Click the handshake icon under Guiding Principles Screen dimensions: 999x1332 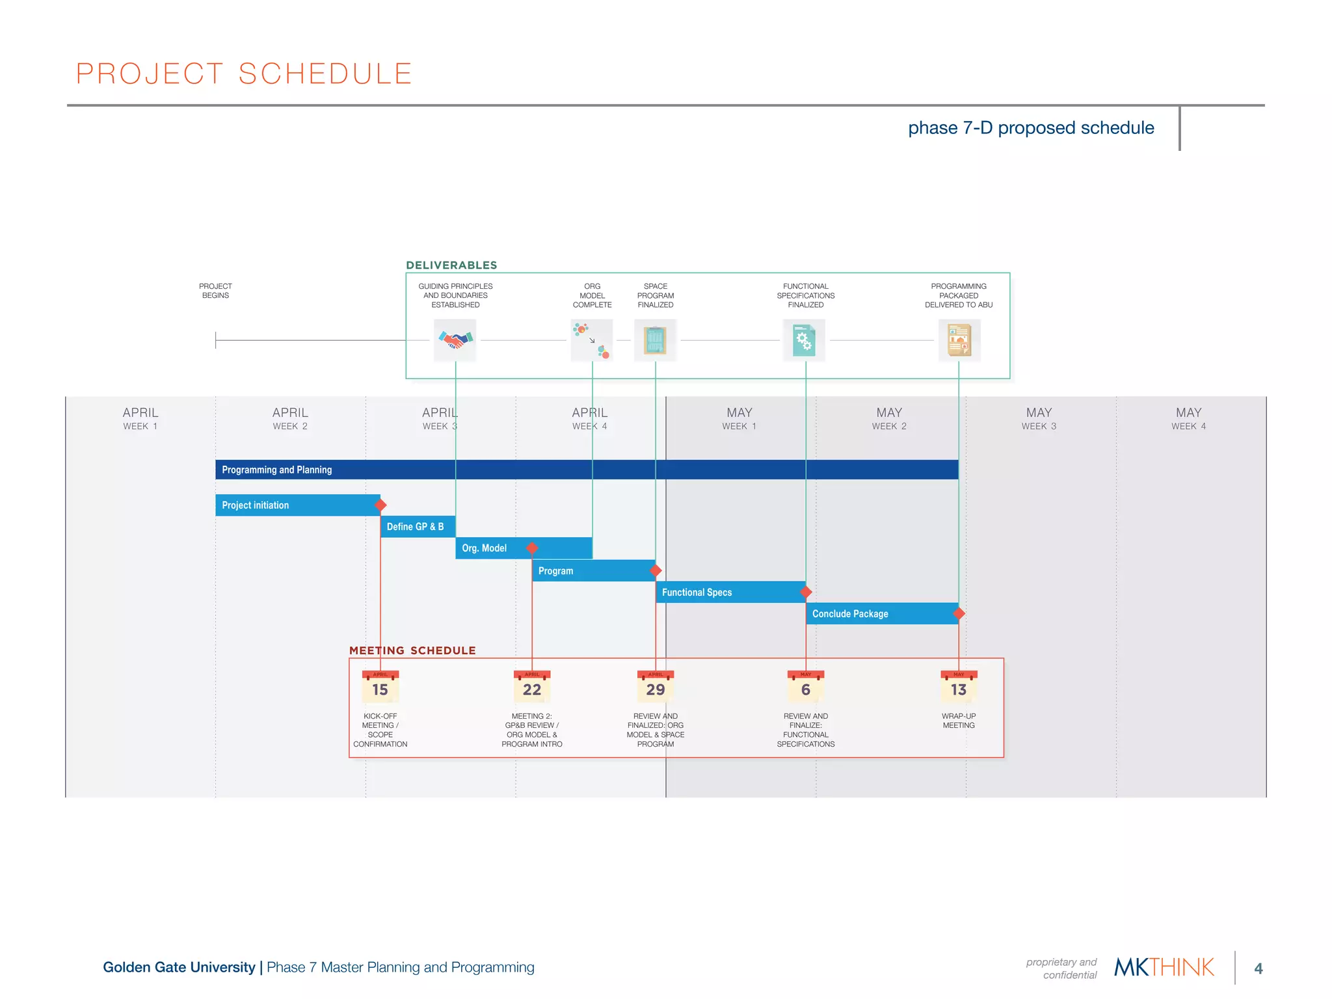click(455, 340)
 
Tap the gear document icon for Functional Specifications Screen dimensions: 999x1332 click(805, 340)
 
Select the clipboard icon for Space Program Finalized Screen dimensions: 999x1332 click(655, 340)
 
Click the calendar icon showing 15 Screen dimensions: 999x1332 click(380, 687)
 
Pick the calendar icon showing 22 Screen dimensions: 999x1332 click(532, 687)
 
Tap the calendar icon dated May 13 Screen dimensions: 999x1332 click(959, 687)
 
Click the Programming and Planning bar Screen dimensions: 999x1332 click(585, 470)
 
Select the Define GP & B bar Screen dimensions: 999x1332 click(417, 527)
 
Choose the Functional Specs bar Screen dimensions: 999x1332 click(728, 593)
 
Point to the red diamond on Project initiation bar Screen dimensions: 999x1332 click(381, 505)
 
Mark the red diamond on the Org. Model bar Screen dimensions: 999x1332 click(532, 548)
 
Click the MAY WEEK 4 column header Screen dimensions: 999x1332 click(1188, 419)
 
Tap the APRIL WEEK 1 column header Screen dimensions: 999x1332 click(140, 419)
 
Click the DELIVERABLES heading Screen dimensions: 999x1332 click(451, 265)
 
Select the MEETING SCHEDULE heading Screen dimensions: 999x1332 click(412, 650)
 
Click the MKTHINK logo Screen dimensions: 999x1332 click(1164, 967)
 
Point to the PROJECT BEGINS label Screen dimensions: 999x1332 click(215, 291)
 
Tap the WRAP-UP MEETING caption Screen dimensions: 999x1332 click(959, 721)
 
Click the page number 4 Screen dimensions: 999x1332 click(1259, 968)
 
